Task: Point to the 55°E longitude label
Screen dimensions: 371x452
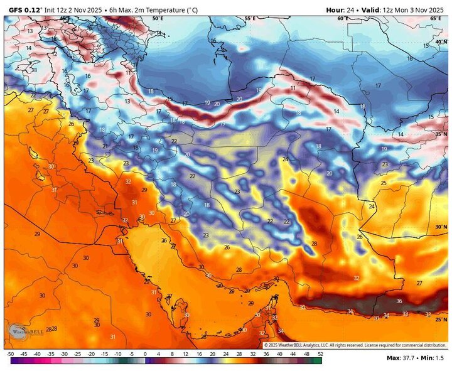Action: pyautogui.click(x=250, y=19)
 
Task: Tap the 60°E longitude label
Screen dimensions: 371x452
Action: pyautogui.click(x=342, y=19)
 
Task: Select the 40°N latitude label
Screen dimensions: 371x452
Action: pyautogui.click(x=441, y=41)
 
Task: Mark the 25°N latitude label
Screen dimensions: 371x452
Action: pyautogui.click(x=441, y=320)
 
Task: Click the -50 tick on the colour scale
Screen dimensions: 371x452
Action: pyautogui.click(x=10, y=355)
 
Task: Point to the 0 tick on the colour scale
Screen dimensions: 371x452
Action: pyautogui.click(x=145, y=355)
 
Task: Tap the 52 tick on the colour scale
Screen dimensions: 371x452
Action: pyautogui.click(x=320, y=355)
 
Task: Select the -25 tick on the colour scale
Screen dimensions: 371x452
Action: pyautogui.click(x=77, y=355)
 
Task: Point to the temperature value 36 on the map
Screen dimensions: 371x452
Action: pyautogui.click(x=399, y=301)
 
